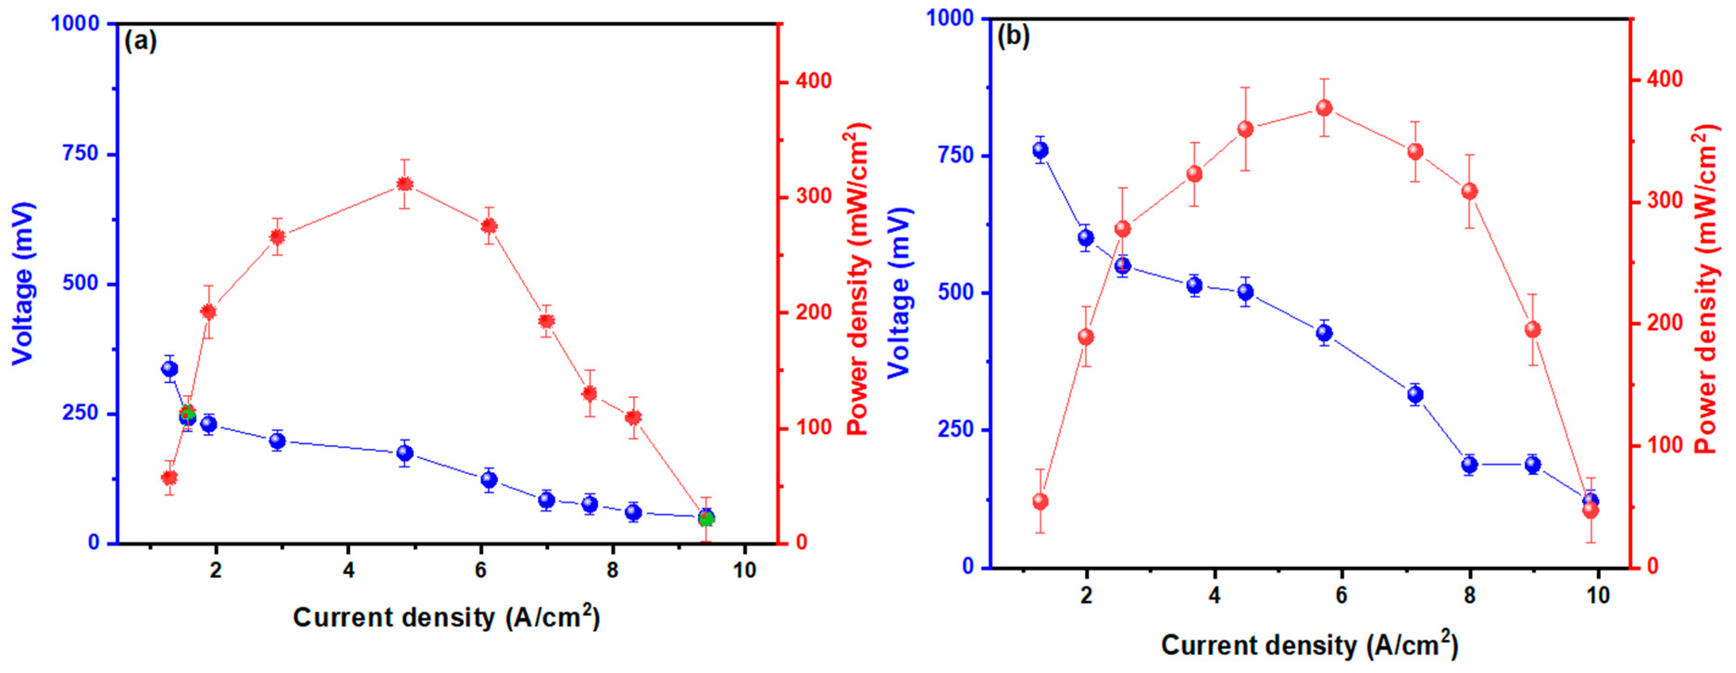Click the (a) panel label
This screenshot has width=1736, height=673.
140,41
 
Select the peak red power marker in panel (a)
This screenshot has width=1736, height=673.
404,184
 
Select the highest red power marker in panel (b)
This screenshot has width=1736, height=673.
1324,108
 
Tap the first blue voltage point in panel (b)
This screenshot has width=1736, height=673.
1040,150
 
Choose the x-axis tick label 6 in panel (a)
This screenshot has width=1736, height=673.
480,571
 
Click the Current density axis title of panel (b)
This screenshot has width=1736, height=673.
1309,645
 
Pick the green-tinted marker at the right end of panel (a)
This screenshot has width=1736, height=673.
706,519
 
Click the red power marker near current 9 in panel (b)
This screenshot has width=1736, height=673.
1532,329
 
